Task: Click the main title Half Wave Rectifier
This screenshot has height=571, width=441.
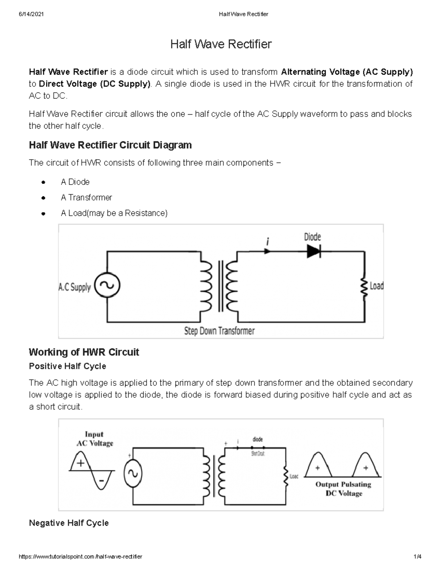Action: [221, 44]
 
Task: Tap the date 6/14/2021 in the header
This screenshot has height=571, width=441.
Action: [31, 14]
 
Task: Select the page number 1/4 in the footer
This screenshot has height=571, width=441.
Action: [417, 557]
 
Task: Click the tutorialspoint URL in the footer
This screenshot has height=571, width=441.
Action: [80, 557]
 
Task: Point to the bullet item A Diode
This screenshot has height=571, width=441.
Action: [75, 182]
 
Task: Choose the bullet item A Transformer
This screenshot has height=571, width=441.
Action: [86, 197]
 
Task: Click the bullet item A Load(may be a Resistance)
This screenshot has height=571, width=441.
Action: [114, 213]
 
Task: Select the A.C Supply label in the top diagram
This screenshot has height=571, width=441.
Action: [75, 287]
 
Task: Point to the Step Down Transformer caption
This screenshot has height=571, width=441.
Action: [219, 331]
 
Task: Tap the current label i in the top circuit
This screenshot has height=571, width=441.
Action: [268, 242]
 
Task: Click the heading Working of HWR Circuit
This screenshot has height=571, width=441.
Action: [84, 352]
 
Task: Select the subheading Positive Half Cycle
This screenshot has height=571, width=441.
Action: [68, 366]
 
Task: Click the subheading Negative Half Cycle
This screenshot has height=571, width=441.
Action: [69, 523]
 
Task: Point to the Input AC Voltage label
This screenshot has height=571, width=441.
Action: [94, 439]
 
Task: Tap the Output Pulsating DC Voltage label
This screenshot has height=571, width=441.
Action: [343, 489]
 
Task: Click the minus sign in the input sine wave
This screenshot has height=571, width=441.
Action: [101, 481]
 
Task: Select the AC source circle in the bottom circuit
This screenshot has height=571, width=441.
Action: [133, 474]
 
